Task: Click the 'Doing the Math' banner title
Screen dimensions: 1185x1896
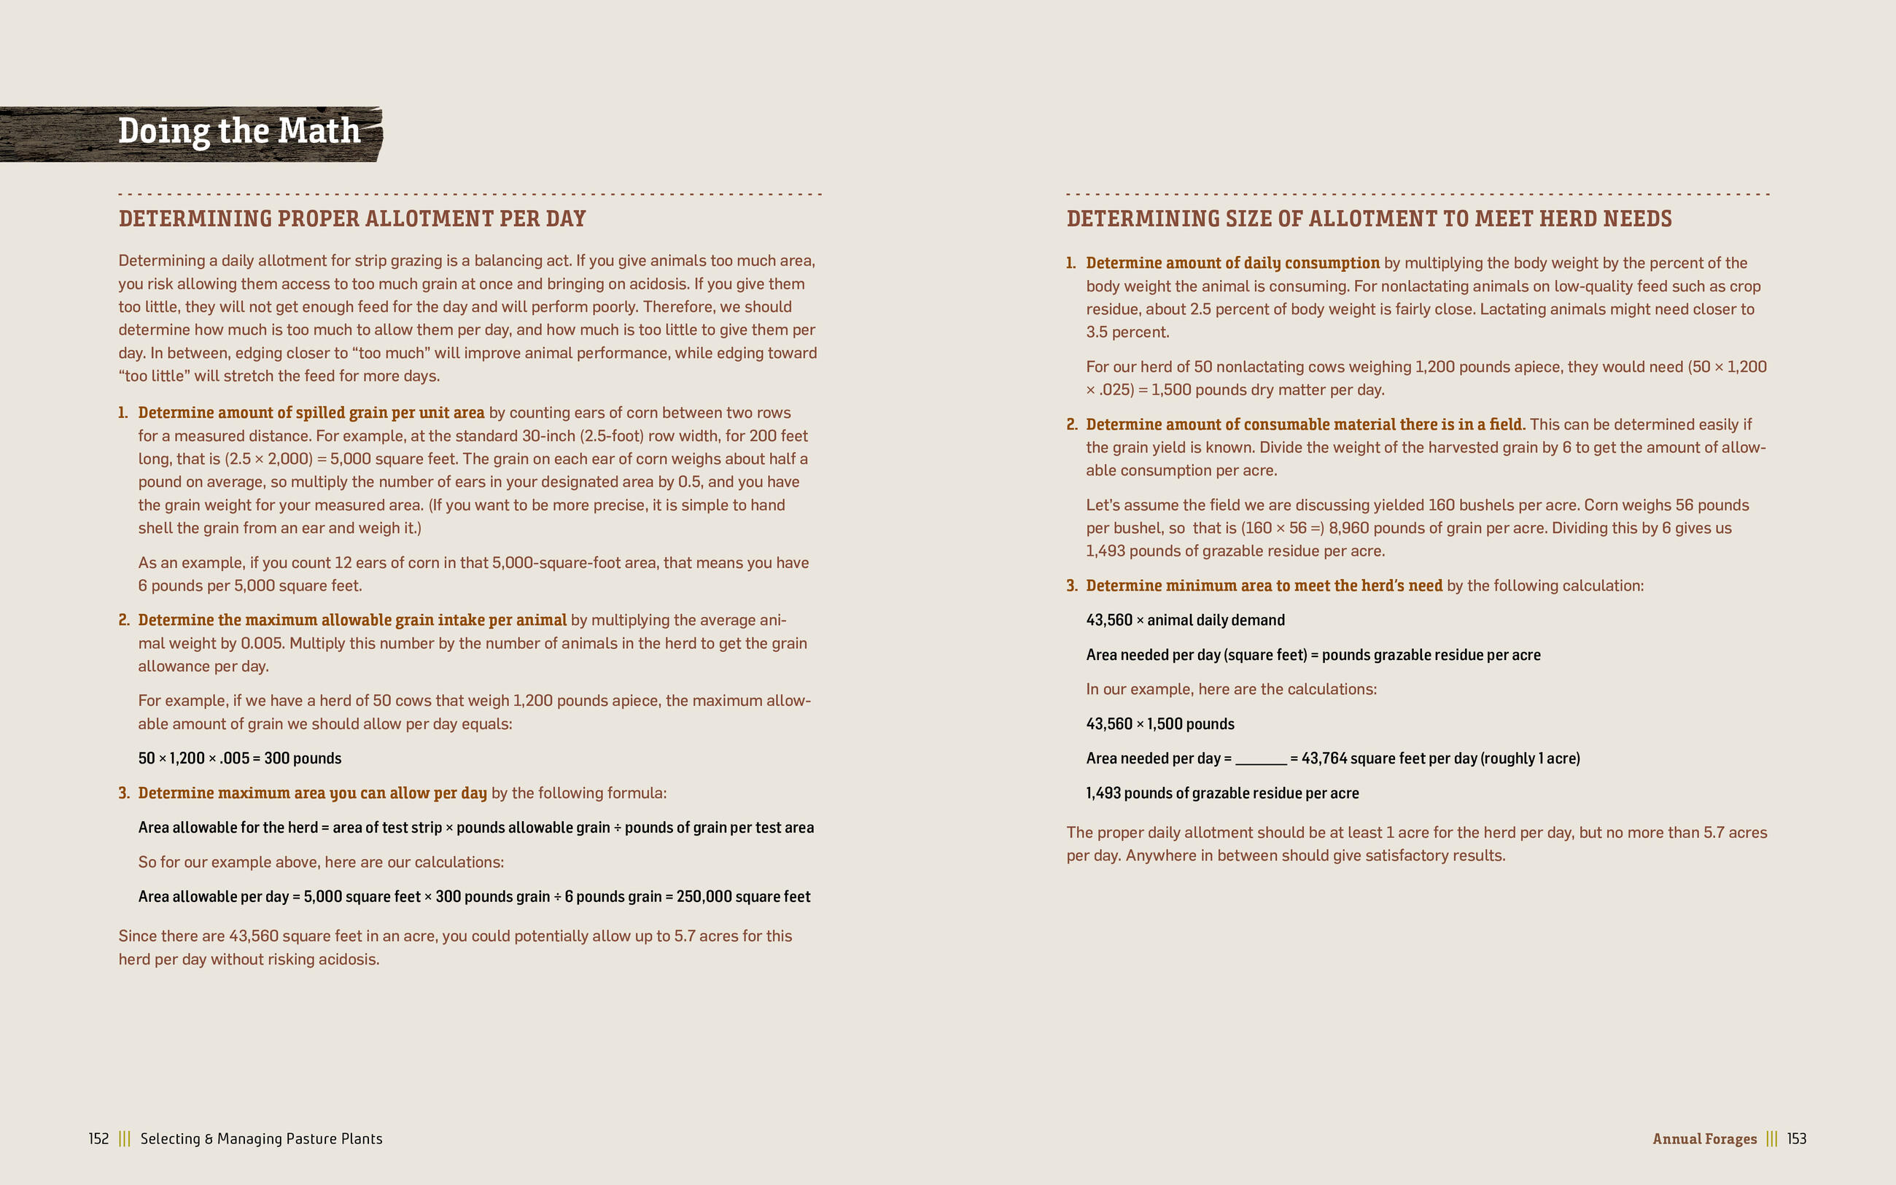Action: pyautogui.click(x=239, y=131)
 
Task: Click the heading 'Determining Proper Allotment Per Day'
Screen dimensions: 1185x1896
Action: pyautogui.click(x=351, y=219)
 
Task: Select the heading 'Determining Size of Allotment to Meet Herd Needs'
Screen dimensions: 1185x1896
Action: pyautogui.click(x=1369, y=219)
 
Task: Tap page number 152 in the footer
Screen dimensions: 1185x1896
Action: pyautogui.click(x=98, y=1139)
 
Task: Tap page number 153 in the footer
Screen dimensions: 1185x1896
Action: pyautogui.click(x=1797, y=1139)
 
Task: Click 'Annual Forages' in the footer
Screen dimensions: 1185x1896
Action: pyautogui.click(x=1704, y=1139)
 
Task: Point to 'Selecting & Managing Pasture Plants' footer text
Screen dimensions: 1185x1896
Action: pyautogui.click(x=261, y=1139)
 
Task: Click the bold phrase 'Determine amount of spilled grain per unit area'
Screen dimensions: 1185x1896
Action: pyautogui.click(x=311, y=413)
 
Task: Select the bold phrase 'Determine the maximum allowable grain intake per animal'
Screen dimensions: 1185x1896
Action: pyautogui.click(x=351, y=620)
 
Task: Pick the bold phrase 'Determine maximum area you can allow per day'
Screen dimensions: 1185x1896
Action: pyautogui.click(x=312, y=793)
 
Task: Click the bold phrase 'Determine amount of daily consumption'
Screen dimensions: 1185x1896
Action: pyautogui.click(x=1232, y=263)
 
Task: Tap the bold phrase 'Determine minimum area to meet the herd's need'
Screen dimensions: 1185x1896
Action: pyautogui.click(x=1264, y=586)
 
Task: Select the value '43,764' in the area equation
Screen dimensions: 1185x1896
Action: pyautogui.click(x=1324, y=758)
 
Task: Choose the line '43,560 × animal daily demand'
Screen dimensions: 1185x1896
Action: pyautogui.click(x=1184, y=620)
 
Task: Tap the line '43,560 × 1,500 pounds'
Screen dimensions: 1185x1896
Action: pyautogui.click(x=1159, y=724)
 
